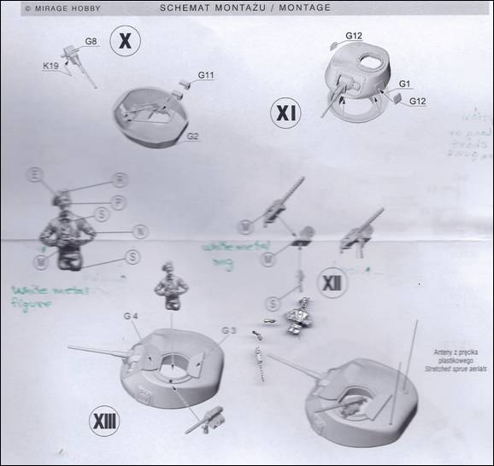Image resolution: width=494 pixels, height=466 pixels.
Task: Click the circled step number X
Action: tap(126, 39)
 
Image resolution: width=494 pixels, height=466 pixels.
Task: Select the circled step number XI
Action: tap(284, 112)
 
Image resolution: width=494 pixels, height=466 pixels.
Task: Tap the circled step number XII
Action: tap(331, 283)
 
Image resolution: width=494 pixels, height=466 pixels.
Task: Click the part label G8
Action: tap(91, 42)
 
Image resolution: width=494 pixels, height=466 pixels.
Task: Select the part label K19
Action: tap(50, 65)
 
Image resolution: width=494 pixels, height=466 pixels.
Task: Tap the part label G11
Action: tap(205, 76)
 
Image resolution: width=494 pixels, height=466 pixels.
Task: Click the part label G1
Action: tap(405, 83)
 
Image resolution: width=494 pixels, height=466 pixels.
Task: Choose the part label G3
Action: tap(227, 329)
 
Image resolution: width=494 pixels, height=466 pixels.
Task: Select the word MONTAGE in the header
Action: tap(302, 8)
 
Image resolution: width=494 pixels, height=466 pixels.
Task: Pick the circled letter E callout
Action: tap(36, 175)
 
